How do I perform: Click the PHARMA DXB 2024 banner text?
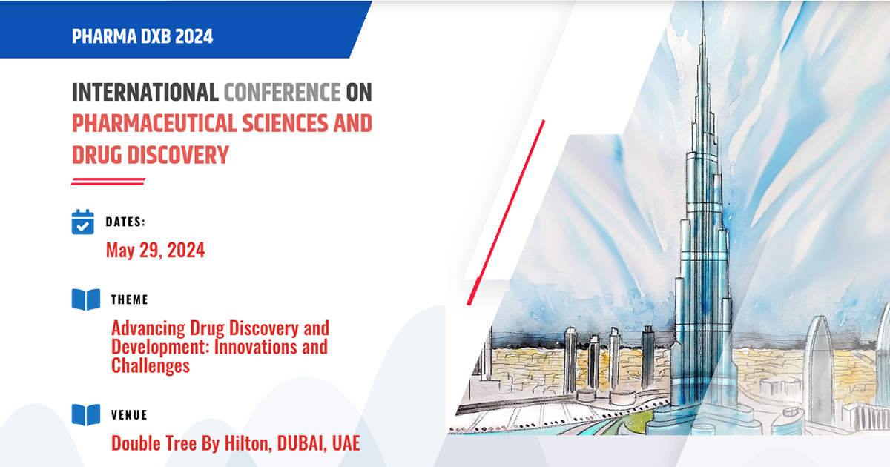coord(142,36)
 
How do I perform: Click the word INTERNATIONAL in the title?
coord(145,92)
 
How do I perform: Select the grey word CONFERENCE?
coord(282,92)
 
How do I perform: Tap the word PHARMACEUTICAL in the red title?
coord(154,123)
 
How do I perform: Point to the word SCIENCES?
coord(286,123)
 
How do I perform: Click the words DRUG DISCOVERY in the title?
coord(151,155)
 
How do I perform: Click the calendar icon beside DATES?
coord(82,222)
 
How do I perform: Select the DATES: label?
coord(125,222)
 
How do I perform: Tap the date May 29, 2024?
coord(155,251)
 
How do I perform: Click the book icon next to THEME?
coord(86,299)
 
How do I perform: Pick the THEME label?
coord(130,299)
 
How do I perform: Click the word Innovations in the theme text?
coord(255,347)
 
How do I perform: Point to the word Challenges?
coord(151,365)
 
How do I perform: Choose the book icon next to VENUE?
coord(86,415)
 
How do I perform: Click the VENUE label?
coord(129,415)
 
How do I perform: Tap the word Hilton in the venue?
coord(248,443)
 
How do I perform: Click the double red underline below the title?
coord(108,182)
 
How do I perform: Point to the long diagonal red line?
coord(506,213)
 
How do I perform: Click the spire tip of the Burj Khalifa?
coord(703,2)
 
